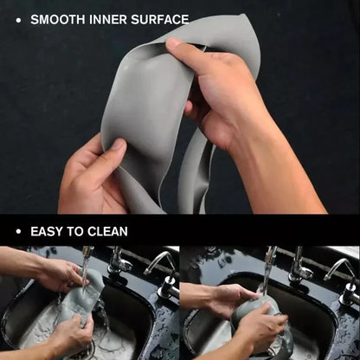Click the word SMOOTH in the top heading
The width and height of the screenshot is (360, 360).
(57, 18)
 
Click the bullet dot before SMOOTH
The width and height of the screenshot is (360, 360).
(18, 18)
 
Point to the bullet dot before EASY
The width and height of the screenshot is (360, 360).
(18, 231)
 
